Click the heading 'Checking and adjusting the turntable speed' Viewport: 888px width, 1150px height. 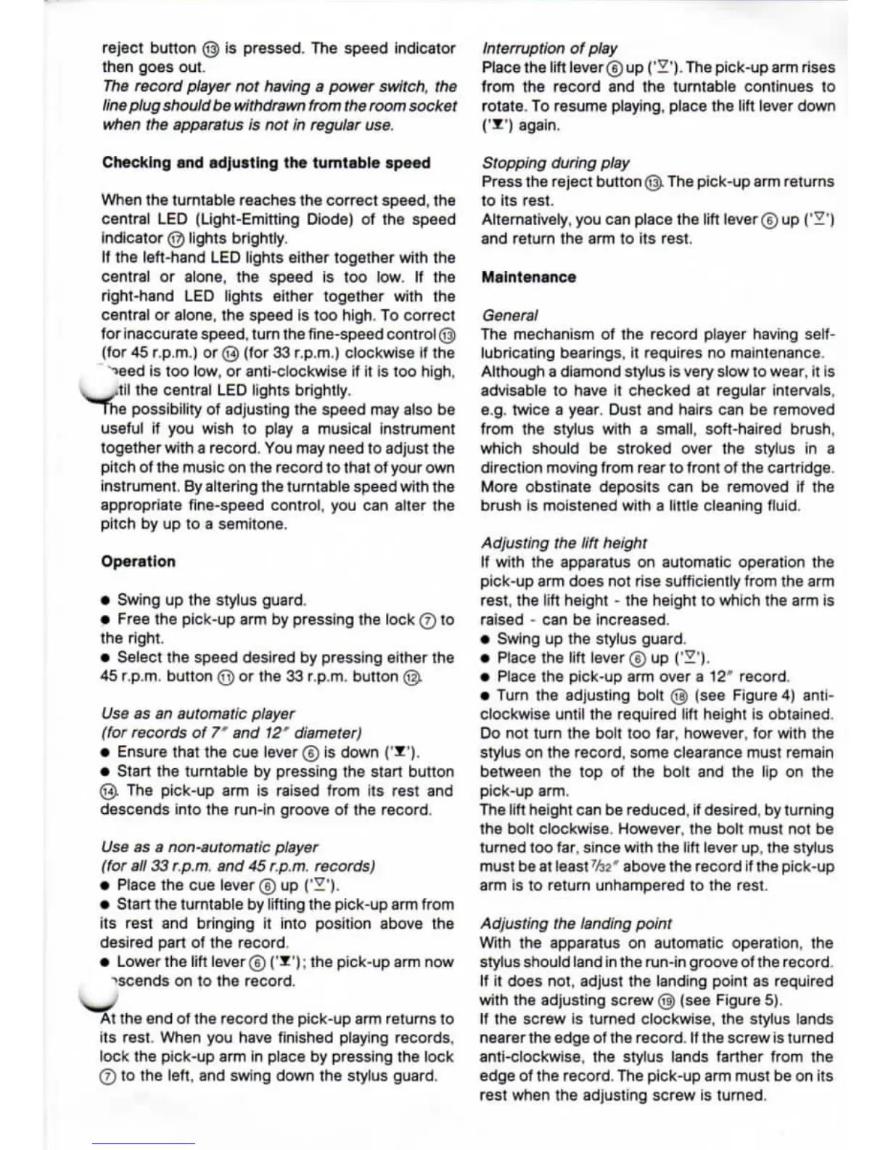click(266, 163)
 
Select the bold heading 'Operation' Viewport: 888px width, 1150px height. click(138, 561)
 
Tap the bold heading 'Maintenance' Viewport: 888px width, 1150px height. click(528, 277)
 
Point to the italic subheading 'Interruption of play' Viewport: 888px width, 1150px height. click(549, 49)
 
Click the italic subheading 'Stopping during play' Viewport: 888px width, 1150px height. click(555, 163)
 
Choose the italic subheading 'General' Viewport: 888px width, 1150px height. click(509, 315)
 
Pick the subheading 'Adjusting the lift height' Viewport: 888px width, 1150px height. click(563, 543)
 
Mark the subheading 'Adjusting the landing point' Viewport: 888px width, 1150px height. click(575, 923)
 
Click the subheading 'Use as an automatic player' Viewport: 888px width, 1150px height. click(198, 714)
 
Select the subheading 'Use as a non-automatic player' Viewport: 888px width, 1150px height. click(210, 847)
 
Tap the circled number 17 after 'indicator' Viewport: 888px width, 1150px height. click(176, 239)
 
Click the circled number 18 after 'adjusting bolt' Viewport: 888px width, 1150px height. click(679, 696)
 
